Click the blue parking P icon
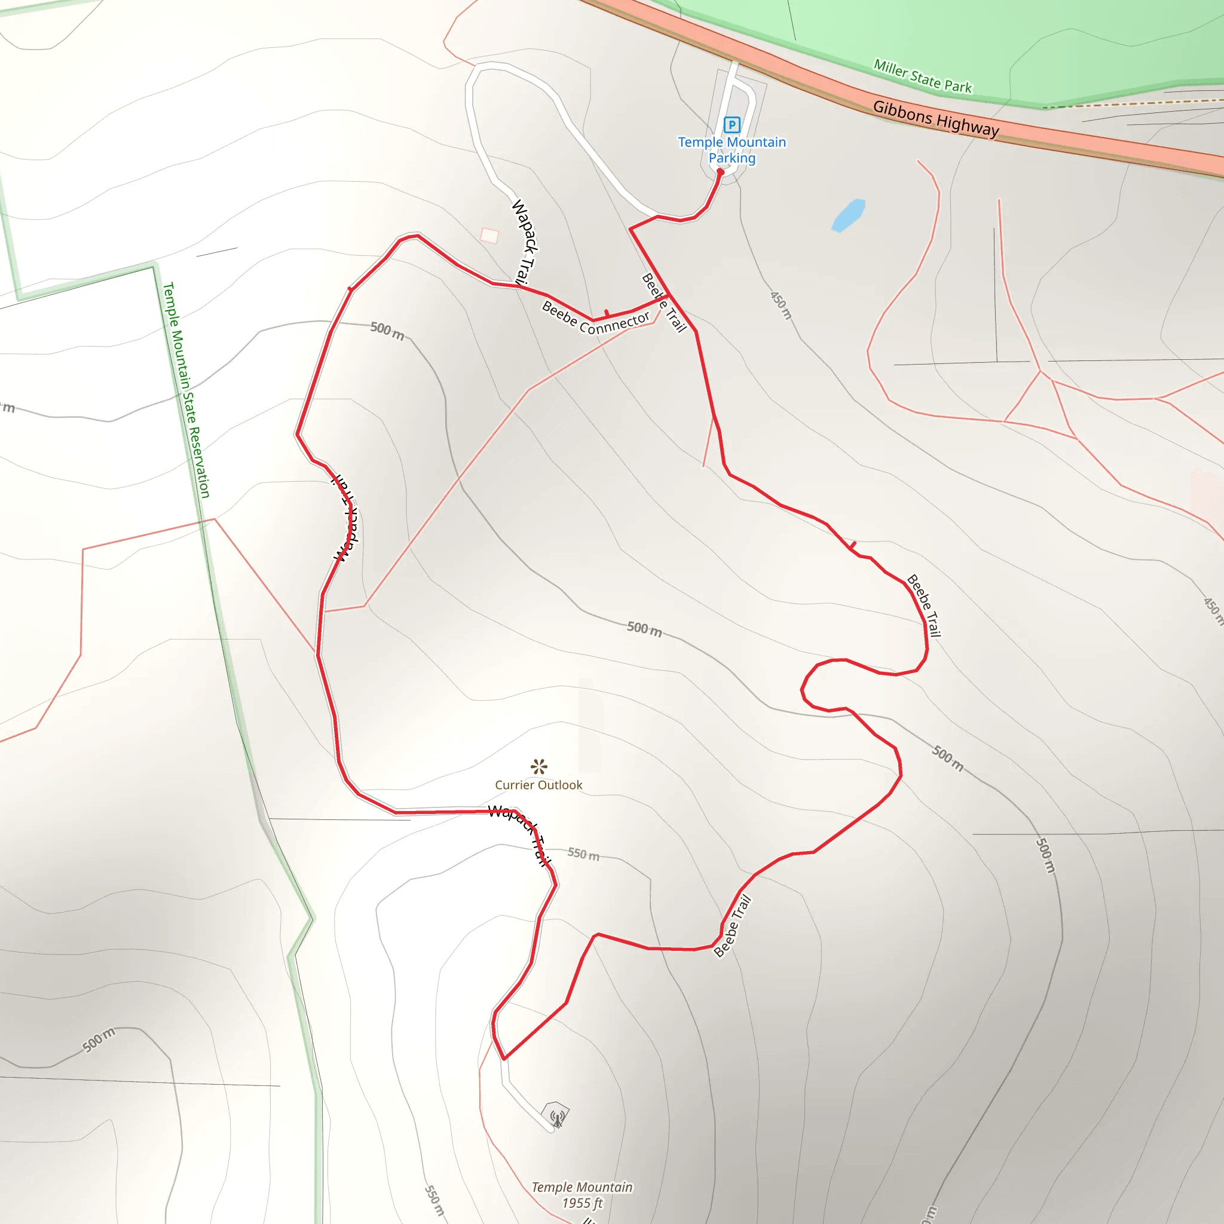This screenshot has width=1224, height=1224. point(732,125)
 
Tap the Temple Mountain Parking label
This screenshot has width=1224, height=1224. point(732,150)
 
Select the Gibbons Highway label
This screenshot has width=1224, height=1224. point(936,118)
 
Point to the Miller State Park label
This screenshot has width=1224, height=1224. point(922,76)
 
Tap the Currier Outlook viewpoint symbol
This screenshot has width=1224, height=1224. point(539,767)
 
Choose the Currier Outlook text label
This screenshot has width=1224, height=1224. point(538,785)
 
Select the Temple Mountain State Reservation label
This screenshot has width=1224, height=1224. point(186,390)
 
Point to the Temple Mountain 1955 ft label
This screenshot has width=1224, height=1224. point(582,1195)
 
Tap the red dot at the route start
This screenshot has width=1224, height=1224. point(720,172)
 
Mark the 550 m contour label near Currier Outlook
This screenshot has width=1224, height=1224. point(583,854)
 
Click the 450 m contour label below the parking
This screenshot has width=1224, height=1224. point(781,305)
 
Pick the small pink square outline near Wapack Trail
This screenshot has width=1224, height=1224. point(489,235)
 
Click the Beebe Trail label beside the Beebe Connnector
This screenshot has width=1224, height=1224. point(664,303)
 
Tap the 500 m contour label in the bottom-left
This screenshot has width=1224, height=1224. point(99,1041)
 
